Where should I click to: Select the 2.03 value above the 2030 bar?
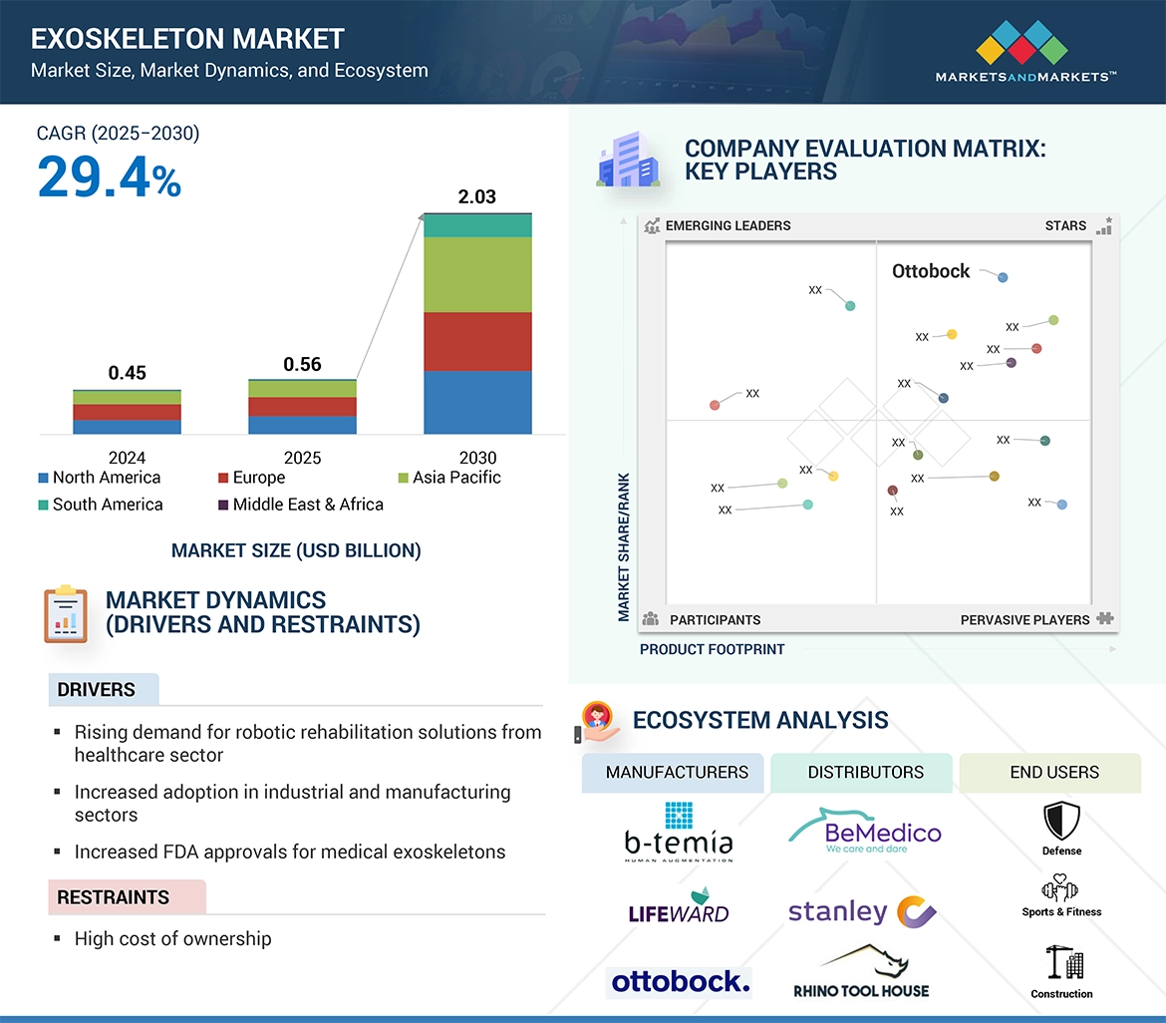pos(476,196)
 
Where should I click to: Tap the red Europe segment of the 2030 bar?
pos(477,341)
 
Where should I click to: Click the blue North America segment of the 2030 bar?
pos(477,402)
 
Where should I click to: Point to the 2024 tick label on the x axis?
pos(127,458)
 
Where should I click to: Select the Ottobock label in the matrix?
pos(931,271)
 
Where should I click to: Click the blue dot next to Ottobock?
pos(1003,277)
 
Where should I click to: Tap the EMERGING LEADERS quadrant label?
pos(728,225)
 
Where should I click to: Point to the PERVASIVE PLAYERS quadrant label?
pos(1024,620)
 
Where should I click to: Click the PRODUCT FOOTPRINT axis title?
pos(712,649)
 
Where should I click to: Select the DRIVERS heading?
pos(97,690)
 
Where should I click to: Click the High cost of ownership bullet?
pos(172,938)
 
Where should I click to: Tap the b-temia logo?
pos(678,832)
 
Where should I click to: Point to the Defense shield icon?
pos(1061,821)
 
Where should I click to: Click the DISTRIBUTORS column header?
pos(865,772)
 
